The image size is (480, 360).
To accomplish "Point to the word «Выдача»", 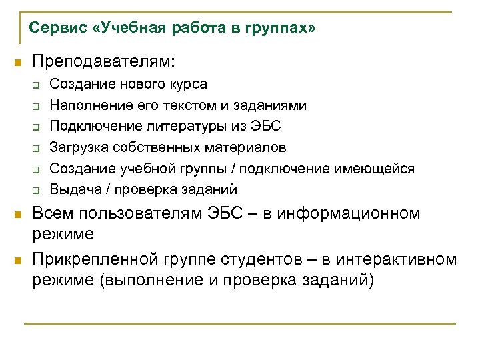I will point(73,189).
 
